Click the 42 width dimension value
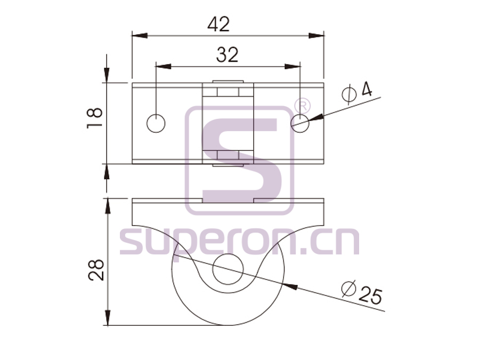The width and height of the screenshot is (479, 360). [218, 24]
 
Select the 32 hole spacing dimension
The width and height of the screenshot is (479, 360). [227, 55]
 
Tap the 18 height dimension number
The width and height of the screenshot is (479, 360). [95, 118]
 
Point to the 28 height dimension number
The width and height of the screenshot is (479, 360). [96, 270]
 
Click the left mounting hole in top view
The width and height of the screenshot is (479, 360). [156, 124]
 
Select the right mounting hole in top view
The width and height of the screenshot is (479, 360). [301, 124]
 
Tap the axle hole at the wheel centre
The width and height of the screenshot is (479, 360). [228, 269]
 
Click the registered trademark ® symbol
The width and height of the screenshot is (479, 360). [302, 106]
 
